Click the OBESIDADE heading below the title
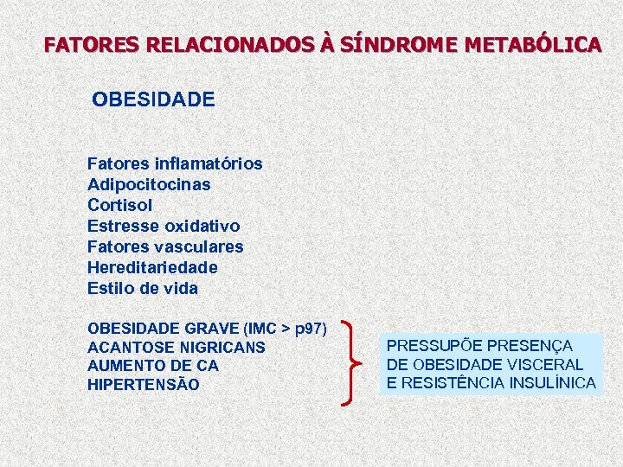pos(153,99)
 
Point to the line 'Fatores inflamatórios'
pos(175,163)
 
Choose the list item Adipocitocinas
pos(149,184)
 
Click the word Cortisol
pos(119,205)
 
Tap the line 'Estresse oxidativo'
pos(164,226)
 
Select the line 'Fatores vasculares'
pos(165,246)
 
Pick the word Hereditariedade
pos(152,267)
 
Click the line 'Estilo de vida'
pos(143,288)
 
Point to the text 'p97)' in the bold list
pos(311,329)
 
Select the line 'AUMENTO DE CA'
pos(153,366)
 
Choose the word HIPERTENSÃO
pos(144,384)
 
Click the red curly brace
pos(354,361)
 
